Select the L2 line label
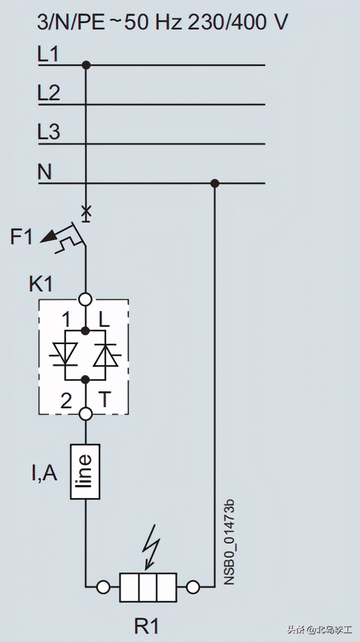click(x=48, y=93)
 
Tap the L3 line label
click(x=48, y=132)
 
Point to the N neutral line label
click(x=45, y=172)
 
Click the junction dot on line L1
click(x=86, y=65)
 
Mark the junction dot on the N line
click(x=215, y=183)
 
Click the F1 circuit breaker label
click(x=21, y=237)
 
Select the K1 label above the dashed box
click(x=41, y=284)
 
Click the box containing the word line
click(x=86, y=471)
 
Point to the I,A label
click(x=44, y=473)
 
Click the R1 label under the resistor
click(x=146, y=625)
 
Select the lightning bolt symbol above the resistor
click(x=152, y=540)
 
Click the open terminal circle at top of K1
click(x=86, y=299)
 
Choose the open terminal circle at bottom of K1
click(x=86, y=414)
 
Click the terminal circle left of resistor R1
click(x=103, y=587)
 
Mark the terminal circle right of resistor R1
click(x=192, y=587)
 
